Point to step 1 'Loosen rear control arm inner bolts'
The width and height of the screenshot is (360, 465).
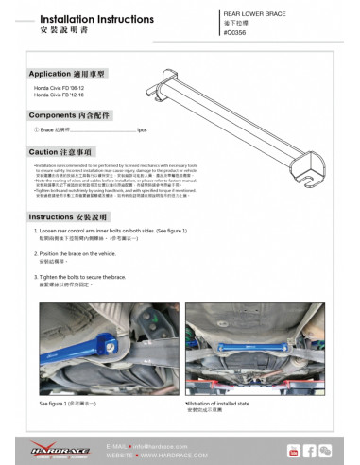tap(111, 231)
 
